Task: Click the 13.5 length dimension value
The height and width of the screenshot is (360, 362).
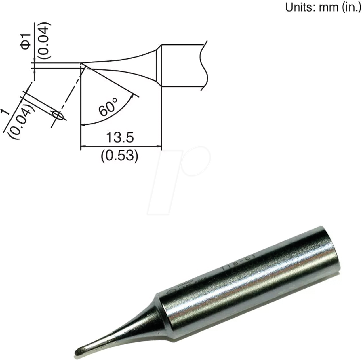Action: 120,138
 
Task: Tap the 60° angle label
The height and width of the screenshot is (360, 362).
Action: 108,107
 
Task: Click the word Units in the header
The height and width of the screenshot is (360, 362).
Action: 300,8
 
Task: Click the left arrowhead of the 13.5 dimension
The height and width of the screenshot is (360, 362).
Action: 83,147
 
